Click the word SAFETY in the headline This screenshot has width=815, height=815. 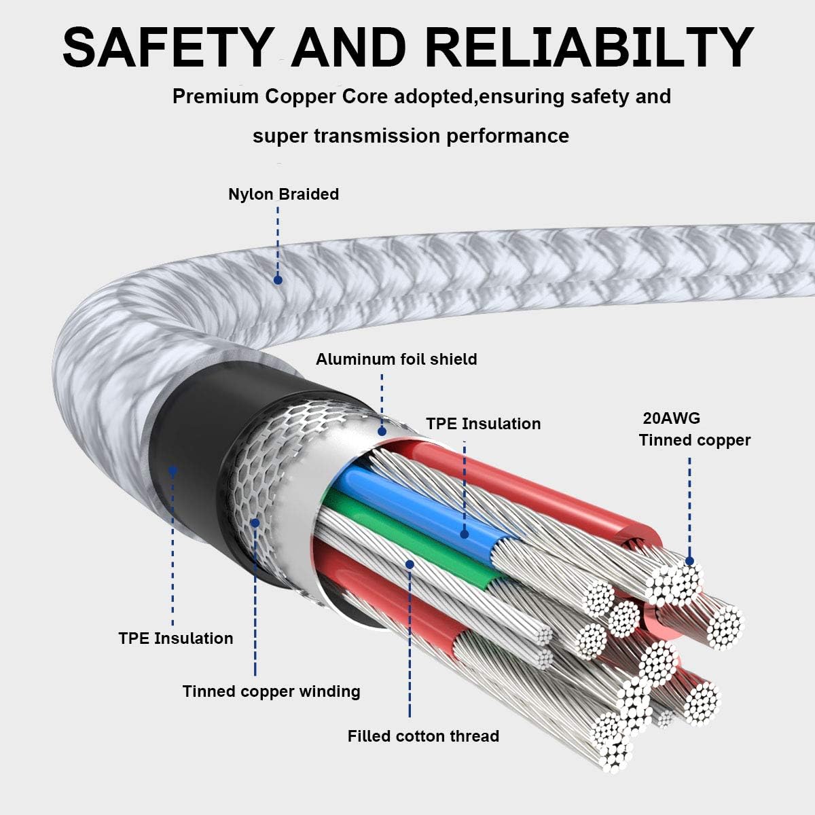click(x=166, y=48)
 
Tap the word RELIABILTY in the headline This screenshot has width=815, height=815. click(x=589, y=48)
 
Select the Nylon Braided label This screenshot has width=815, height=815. click(x=283, y=194)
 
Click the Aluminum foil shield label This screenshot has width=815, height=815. click(x=396, y=359)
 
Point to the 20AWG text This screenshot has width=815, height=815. click(x=671, y=418)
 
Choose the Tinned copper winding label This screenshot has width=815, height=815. click(x=271, y=691)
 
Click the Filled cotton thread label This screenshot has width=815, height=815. click(x=423, y=736)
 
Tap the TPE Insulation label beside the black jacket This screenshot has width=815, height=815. click(x=175, y=638)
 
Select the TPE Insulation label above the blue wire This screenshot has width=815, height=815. click(x=483, y=424)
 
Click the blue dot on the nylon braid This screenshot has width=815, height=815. click(x=278, y=280)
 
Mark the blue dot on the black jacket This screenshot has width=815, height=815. click(x=173, y=470)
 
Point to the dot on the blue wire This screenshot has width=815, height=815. click(x=465, y=535)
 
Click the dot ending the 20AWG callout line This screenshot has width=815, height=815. click(x=689, y=561)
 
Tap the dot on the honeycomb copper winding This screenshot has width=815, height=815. click(x=255, y=523)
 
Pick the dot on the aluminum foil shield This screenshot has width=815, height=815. click(x=382, y=431)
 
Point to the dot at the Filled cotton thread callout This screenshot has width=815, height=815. click(x=410, y=564)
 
